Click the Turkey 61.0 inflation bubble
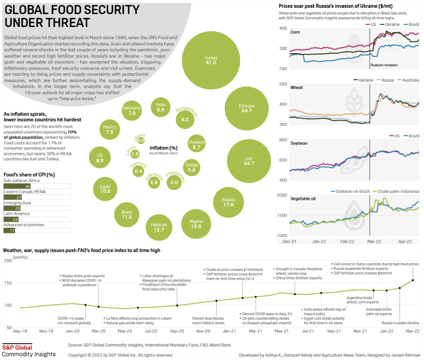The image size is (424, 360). tap(211, 60)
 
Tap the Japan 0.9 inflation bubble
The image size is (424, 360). tap(141, 140)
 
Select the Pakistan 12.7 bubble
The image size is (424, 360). tap(159, 228)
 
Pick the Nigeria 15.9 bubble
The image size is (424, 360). tap(196, 224)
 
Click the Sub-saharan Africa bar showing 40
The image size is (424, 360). tap(17, 186)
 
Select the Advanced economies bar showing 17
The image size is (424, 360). tap(9, 231)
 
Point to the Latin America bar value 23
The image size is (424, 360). tap(15, 219)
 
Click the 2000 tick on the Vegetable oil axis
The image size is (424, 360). tap(282, 195)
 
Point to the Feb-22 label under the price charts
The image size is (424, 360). tap(347, 242)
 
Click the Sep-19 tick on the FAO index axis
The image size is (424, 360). tap(20, 331)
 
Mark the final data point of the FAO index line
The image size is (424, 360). tap(413, 280)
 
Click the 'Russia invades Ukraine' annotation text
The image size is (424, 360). tap(400, 323)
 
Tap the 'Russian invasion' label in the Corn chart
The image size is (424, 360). tap(384, 65)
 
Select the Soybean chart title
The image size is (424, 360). tap(299, 143)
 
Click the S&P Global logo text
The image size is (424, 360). tap(17, 347)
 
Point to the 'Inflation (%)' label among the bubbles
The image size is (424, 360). tap(164, 148)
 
